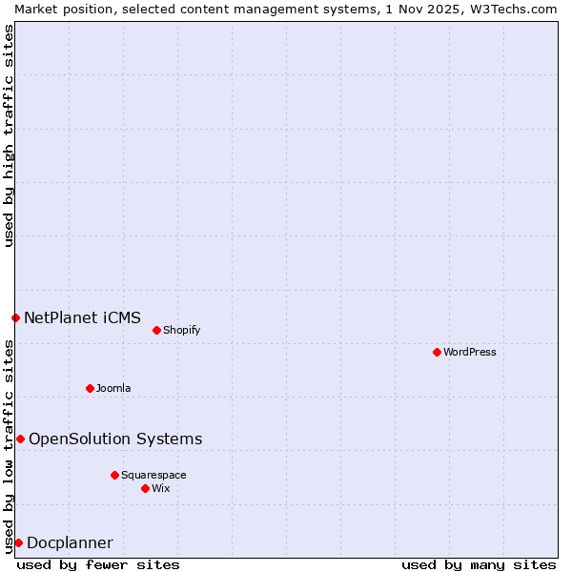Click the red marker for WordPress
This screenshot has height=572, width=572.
click(437, 352)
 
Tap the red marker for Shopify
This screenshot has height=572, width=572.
click(156, 330)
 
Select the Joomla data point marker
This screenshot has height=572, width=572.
click(90, 388)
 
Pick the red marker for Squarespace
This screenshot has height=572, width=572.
click(114, 475)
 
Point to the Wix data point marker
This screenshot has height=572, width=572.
click(145, 488)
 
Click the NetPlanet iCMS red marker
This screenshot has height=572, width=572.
click(15, 317)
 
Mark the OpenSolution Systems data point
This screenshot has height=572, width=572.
click(20, 439)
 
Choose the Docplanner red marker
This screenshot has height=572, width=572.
click(18, 542)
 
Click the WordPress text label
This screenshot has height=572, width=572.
click(470, 352)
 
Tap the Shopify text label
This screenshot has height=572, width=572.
click(181, 330)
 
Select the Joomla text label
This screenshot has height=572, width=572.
click(113, 388)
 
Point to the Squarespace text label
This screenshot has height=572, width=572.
click(153, 475)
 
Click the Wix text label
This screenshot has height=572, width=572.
click(160, 488)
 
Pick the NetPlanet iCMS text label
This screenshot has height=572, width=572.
click(82, 317)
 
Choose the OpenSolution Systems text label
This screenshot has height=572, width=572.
click(115, 439)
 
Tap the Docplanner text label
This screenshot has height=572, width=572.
click(70, 543)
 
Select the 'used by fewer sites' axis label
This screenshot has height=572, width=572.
click(98, 564)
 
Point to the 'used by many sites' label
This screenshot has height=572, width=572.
click(479, 564)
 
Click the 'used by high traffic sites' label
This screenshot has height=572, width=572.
click(9, 135)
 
